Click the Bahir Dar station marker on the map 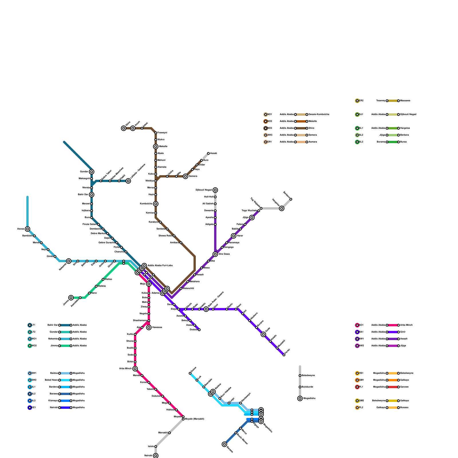pyautogui.click(x=92, y=195)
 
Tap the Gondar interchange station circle pyautogui.click(x=92, y=172)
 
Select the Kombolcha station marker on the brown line pyautogui.click(x=156, y=204)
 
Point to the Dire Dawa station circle pyautogui.click(x=215, y=254)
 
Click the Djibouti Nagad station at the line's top pyautogui.click(x=215, y=190)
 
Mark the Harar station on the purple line pyautogui.click(x=234, y=236)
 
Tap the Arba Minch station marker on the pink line pyautogui.click(x=135, y=369)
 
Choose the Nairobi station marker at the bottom pyautogui.click(x=156, y=455)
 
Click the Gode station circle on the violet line pyautogui.click(x=263, y=334)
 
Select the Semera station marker pyautogui.click(x=185, y=176)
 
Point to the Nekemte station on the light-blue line pyautogui.click(x=69, y=261)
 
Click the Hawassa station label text pyautogui.click(x=157, y=327)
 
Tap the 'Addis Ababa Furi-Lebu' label pyautogui.click(x=160, y=266)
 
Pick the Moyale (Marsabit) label pyautogui.click(x=194, y=419)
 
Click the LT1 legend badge pyautogui.click(x=30, y=325)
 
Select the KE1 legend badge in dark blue pyautogui.click(x=30, y=408)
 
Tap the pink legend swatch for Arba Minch pyautogui.click(x=393, y=325)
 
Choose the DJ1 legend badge pyautogui.click(x=357, y=114)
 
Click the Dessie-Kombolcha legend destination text pyautogui.click(x=319, y=114)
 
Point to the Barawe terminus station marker pyautogui.click(x=224, y=444)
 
